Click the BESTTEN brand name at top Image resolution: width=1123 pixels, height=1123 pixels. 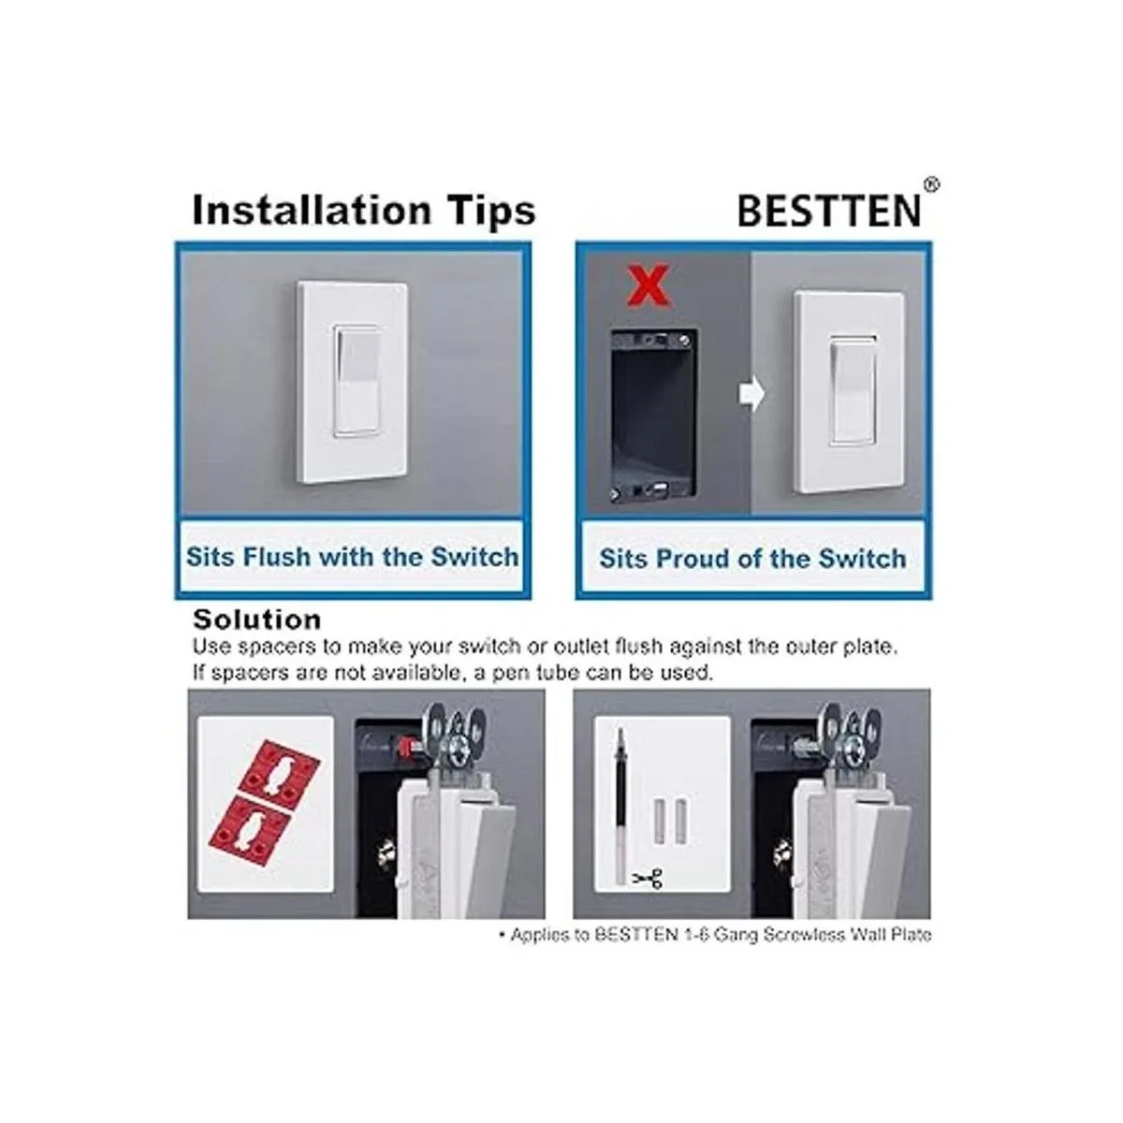pyautogui.click(x=829, y=211)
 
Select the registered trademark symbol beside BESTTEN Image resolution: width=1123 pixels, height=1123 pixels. pyautogui.click(x=932, y=185)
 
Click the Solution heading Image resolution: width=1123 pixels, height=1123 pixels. pyautogui.click(x=257, y=620)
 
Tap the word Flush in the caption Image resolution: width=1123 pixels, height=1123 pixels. pyautogui.click(x=277, y=556)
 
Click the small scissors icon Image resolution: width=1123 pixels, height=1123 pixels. pyautogui.click(x=648, y=877)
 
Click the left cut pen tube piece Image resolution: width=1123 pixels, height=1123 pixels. pyautogui.click(x=659, y=820)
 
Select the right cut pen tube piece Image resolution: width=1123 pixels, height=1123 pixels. pyautogui.click(x=680, y=820)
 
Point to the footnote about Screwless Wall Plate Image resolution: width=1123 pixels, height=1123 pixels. pyautogui.click(x=714, y=935)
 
